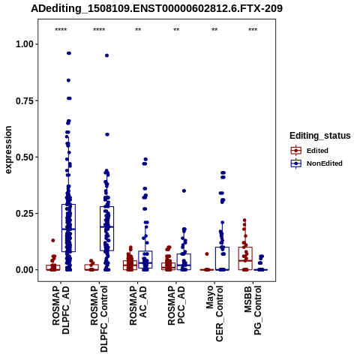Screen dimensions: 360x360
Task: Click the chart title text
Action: click(x=157, y=8)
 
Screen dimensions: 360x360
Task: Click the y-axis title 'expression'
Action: click(x=8, y=150)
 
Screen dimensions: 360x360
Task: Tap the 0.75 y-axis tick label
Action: click(x=25, y=100)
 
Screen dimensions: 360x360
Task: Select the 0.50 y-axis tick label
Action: click(x=25, y=157)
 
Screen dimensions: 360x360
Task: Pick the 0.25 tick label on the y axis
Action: click(x=25, y=214)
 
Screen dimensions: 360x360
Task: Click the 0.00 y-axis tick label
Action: click(x=25, y=270)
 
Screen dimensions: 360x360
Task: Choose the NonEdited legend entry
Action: click(x=316, y=163)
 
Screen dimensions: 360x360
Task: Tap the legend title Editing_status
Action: click(x=320, y=136)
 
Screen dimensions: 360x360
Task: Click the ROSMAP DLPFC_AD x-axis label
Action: click(x=61, y=310)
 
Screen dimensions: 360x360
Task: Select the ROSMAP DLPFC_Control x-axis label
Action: click(x=99, y=319)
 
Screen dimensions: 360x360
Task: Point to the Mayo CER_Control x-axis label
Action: click(x=214, y=313)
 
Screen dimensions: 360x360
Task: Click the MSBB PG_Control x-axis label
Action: click(x=253, y=310)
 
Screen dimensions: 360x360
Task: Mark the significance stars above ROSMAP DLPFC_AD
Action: click(x=61, y=30)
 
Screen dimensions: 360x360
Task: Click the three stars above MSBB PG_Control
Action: click(x=253, y=30)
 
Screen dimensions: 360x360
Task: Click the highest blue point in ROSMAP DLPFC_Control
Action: click(x=106, y=55)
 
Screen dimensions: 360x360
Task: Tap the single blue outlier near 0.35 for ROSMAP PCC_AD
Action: click(x=184, y=190)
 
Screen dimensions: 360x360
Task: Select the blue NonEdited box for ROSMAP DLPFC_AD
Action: click(x=68, y=228)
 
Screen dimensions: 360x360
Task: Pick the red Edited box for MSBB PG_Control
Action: click(x=245, y=259)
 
